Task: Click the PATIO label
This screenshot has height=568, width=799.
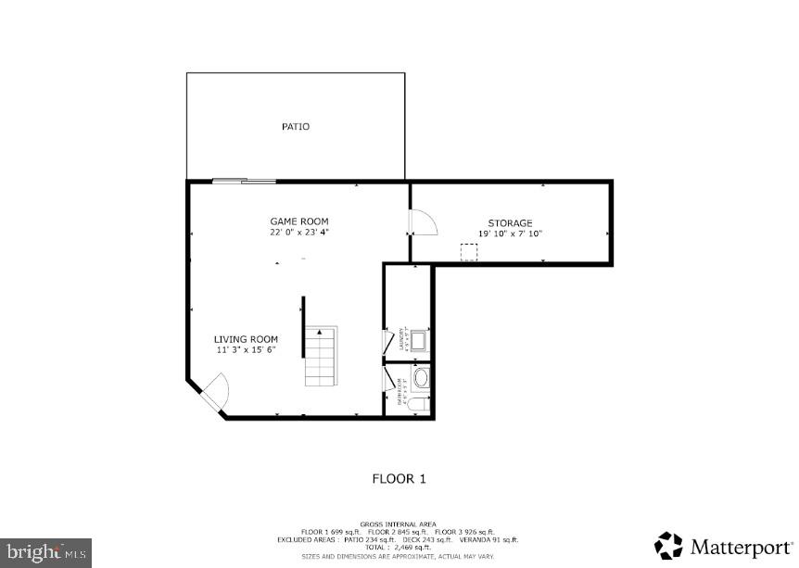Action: [x=296, y=126]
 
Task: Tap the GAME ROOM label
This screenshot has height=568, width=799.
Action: [x=298, y=221]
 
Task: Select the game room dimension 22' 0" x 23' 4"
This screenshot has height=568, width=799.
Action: [x=298, y=233]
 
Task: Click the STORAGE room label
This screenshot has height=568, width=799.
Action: [x=510, y=223]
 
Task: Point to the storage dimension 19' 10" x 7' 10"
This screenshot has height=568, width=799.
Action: [x=510, y=234]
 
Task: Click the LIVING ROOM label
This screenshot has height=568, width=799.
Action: [x=246, y=339]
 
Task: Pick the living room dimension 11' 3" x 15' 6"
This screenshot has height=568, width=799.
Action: [x=246, y=350]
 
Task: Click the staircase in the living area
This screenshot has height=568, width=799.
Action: [x=323, y=357]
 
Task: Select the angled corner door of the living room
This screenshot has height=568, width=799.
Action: [x=214, y=391]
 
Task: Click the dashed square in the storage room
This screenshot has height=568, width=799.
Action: [x=469, y=252]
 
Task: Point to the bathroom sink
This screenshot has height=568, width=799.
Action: [x=421, y=378]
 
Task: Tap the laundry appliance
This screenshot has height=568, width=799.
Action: [x=417, y=339]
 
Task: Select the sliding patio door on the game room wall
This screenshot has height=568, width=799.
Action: [x=244, y=181]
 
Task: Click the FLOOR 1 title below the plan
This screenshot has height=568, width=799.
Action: [x=399, y=479]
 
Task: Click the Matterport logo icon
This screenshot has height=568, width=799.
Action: [x=669, y=546]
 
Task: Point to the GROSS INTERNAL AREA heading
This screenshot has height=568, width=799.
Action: [x=399, y=524]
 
